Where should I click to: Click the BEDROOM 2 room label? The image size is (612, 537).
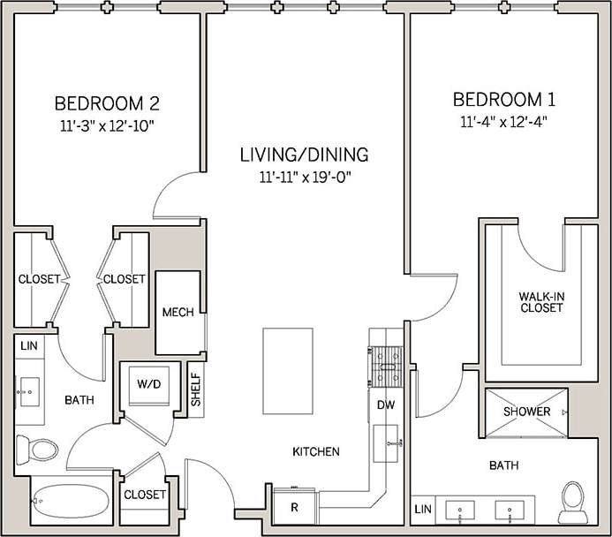click(x=107, y=102)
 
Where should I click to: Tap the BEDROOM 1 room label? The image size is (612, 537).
click(x=503, y=99)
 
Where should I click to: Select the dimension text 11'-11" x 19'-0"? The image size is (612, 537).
click(x=305, y=177)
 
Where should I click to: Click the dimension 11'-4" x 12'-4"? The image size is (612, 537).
click(x=503, y=122)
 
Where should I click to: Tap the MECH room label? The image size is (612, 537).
click(x=178, y=313)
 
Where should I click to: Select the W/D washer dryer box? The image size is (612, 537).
click(x=147, y=384)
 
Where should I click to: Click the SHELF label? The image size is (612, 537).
click(x=196, y=390)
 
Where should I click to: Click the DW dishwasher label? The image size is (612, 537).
click(x=386, y=405)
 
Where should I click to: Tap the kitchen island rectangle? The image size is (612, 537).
click(x=287, y=371)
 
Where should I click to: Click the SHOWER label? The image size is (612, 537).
click(x=526, y=412)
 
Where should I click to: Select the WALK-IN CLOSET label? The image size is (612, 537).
click(x=541, y=302)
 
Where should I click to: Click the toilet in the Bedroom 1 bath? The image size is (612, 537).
click(x=572, y=500)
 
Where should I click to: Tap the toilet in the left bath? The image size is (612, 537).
click(x=36, y=450)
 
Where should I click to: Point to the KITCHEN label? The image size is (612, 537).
click(x=316, y=451)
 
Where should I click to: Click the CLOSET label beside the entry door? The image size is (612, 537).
click(x=145, y=495)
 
